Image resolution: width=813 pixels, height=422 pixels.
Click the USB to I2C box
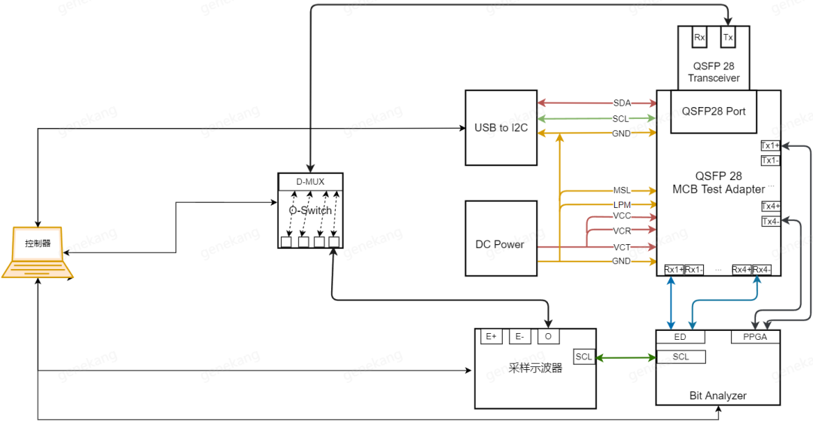(x=501, y=127)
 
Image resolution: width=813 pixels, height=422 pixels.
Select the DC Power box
(x=501, y=244)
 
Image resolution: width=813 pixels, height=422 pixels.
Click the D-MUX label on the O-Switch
(x=310, y=182)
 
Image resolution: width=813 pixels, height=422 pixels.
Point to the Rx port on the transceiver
(x=699, y=36)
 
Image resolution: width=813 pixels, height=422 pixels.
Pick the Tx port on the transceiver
(x=728, y=36)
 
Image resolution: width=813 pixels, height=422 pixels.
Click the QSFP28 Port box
(x=714, y=112)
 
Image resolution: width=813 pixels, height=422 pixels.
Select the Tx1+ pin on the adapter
(x=771, y=145)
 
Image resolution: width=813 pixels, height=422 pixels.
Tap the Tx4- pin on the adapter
(x=771, y=222)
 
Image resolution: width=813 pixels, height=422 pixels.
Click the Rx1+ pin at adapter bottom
(x=674, y=270)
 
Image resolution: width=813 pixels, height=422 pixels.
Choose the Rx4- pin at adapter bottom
(x=762, y=270)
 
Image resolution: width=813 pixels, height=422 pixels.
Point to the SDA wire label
(x=622, y=102)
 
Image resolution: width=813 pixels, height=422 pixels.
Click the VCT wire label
(x=622, y=246)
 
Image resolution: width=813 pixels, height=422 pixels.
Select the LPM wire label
(x=622, y=205)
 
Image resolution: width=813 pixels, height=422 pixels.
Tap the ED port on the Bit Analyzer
(x=681, y=337)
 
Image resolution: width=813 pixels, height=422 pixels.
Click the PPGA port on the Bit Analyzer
(x=754, y=337)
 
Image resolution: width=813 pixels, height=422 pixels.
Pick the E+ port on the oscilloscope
(x=492, y=337)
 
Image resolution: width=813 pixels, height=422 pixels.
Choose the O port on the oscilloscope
(x=548, y=337)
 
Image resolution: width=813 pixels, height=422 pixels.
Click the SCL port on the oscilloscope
(x=584, y=356)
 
